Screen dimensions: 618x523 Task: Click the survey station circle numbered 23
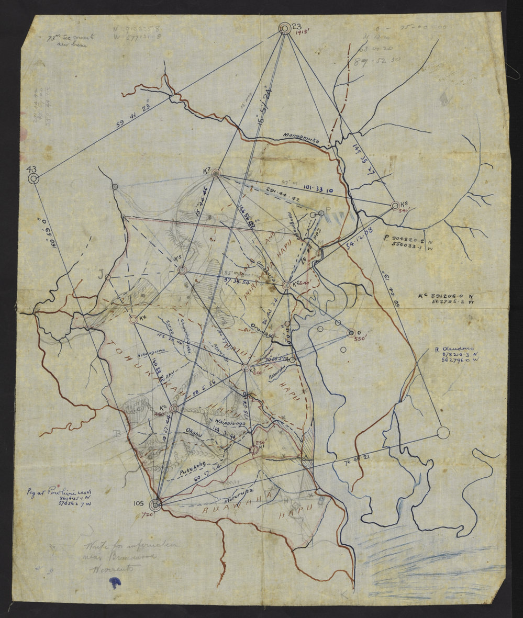(x=284, y=28)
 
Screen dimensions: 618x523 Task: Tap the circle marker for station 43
(x=34, y=179)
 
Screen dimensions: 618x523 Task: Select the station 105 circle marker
(x=155, y=504)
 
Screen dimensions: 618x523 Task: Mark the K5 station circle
(x=182, y=270)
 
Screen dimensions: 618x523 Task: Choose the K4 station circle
(x=133, y=319)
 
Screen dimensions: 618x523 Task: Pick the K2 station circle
(x=174, y=408)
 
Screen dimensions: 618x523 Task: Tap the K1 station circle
(x=254, y=449)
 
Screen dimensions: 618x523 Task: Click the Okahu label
(x=195, y=432)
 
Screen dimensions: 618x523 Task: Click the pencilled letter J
(x=101, y=273)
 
